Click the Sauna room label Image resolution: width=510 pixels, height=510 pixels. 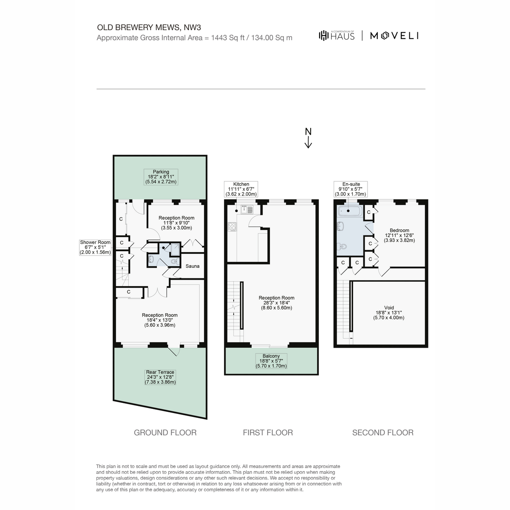coord(192,266)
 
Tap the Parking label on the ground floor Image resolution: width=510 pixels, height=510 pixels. coord(161,177)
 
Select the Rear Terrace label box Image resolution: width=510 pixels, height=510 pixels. coord(160,377)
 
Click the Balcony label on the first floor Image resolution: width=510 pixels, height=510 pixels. coord(271,361)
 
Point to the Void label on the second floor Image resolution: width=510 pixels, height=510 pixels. coord(388,312)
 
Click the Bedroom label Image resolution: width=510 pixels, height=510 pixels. coord(399,235)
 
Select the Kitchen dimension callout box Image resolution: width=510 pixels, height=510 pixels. coord(241,189)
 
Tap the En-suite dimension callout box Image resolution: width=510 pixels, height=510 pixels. coord(350,189)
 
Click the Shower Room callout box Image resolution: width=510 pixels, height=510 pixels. coord(95,247)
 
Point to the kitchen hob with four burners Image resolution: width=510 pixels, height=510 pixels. coord(232,227)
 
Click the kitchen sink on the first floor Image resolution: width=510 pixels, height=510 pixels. coord(247,210)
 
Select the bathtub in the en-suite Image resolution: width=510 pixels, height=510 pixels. coord(350,211)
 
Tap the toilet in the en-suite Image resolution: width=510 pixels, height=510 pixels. coord(342,246)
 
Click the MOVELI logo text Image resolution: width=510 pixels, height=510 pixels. coord(394,36)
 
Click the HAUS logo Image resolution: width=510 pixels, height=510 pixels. coord(337,35)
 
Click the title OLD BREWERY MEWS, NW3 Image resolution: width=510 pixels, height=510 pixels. coord(149,28)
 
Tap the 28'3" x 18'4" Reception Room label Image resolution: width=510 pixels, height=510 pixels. coord(276,303)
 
